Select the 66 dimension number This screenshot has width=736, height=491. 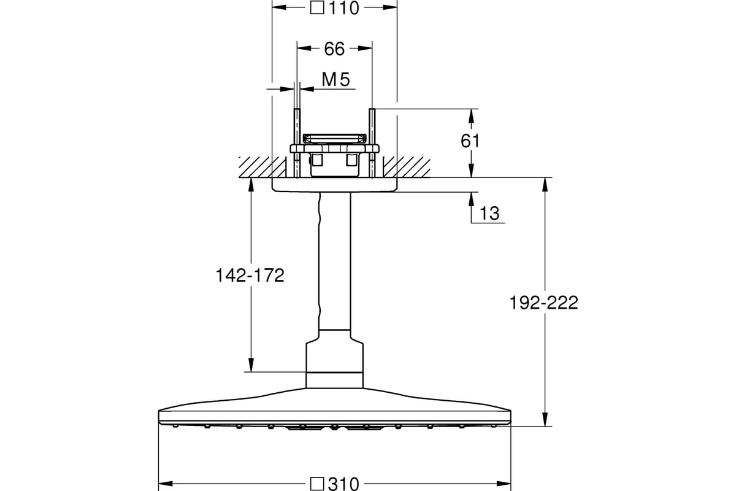334,48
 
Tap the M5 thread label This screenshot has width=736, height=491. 335,79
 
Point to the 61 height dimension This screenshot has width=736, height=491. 470,141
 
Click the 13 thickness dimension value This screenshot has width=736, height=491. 489,214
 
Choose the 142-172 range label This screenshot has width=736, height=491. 250,276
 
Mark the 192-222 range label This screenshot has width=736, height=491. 544,302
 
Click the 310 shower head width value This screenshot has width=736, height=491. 343,484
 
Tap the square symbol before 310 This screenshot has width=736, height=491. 318,484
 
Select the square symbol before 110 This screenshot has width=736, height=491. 318,8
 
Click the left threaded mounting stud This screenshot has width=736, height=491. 297,141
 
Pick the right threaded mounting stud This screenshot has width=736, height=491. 372,141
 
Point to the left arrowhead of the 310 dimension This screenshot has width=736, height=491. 164,482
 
